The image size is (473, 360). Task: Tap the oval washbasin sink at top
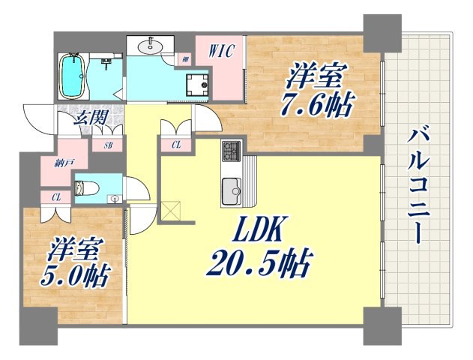(x=150, y=46)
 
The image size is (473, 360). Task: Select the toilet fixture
(x=86, y=188)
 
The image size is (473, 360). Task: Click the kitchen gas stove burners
(x=232, y=151)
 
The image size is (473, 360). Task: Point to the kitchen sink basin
(x=232, y=191)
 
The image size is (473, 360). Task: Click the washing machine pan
(x=197, y=83)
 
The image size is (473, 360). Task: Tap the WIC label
(x=222, y=51)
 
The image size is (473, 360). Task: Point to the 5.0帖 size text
(x=74, y=276)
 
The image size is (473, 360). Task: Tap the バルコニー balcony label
(x=418, y=186)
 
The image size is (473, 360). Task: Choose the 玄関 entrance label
(x=90, y=117)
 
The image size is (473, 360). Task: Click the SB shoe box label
(x=108, y=145)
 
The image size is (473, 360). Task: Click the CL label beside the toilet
(x=56, y=198)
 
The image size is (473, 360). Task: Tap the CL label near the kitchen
(x=176, y=145)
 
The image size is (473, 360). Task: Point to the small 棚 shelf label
(x=185, y=60)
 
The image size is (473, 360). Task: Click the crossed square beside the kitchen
(x=170, y=211)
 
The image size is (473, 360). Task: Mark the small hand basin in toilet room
(x=115, y=199)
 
